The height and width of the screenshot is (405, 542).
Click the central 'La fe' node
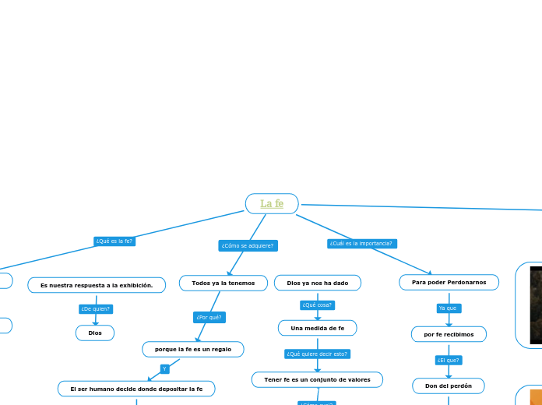point(272,204)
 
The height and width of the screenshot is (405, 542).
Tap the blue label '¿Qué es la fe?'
point(114,241)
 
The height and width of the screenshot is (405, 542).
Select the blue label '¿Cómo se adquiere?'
point(248,245)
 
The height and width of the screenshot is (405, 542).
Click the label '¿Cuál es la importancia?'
point(362,244)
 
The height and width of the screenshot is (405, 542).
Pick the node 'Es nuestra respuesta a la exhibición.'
point(97,286)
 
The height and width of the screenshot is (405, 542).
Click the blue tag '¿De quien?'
point(97,309)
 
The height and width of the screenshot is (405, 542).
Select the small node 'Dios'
point(95,333)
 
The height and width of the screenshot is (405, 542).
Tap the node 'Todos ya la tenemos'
point(223,283)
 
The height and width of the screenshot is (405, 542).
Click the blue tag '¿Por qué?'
point(209,317)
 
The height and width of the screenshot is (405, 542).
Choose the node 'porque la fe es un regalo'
point(193,349)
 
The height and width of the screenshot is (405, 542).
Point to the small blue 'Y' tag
point(164,368)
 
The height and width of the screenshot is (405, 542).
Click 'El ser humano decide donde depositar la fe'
point(136,389)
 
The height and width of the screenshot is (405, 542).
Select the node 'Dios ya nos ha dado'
point(318,283)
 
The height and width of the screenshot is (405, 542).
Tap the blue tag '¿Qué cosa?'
point(317,305)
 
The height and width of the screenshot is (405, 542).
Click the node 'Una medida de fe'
point(318,328)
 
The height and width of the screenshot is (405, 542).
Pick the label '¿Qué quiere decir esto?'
point(317,354)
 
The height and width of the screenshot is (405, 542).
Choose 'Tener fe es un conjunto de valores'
point(317,379)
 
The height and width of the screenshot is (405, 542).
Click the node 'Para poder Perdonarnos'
point(449,282)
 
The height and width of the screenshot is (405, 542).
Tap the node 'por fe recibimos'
point(449,334)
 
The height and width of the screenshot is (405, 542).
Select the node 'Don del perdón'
point(449,386)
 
